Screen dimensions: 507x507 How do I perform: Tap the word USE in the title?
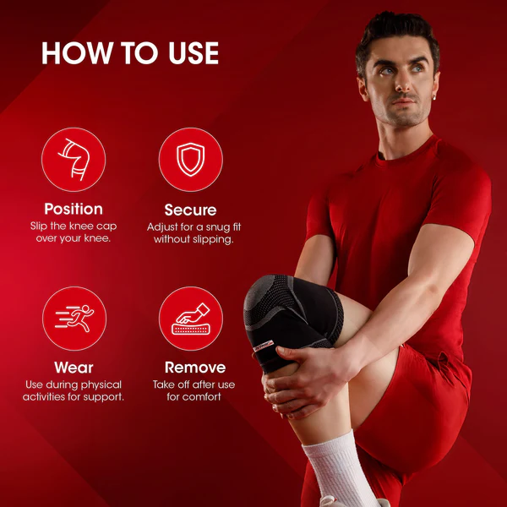pos(194,53)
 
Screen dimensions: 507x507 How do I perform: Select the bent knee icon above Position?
pos(74,160)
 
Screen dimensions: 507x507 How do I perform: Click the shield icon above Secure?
pos(191,160)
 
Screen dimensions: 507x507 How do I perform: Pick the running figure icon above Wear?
pos(74,319)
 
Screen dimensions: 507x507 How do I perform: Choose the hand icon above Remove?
pos(191,319)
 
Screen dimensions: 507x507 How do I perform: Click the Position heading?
pos(74,210)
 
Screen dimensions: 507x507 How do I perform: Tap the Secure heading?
pos(190,210)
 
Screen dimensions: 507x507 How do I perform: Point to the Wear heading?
pos(74,368)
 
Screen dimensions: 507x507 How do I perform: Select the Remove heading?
pos(195,368)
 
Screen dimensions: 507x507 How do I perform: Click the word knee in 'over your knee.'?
pos(95,238)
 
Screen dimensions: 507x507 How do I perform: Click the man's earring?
pos(434,97)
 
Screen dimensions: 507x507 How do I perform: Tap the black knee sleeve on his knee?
pos(292,320)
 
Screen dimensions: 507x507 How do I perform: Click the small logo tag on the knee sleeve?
pos(264,346)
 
